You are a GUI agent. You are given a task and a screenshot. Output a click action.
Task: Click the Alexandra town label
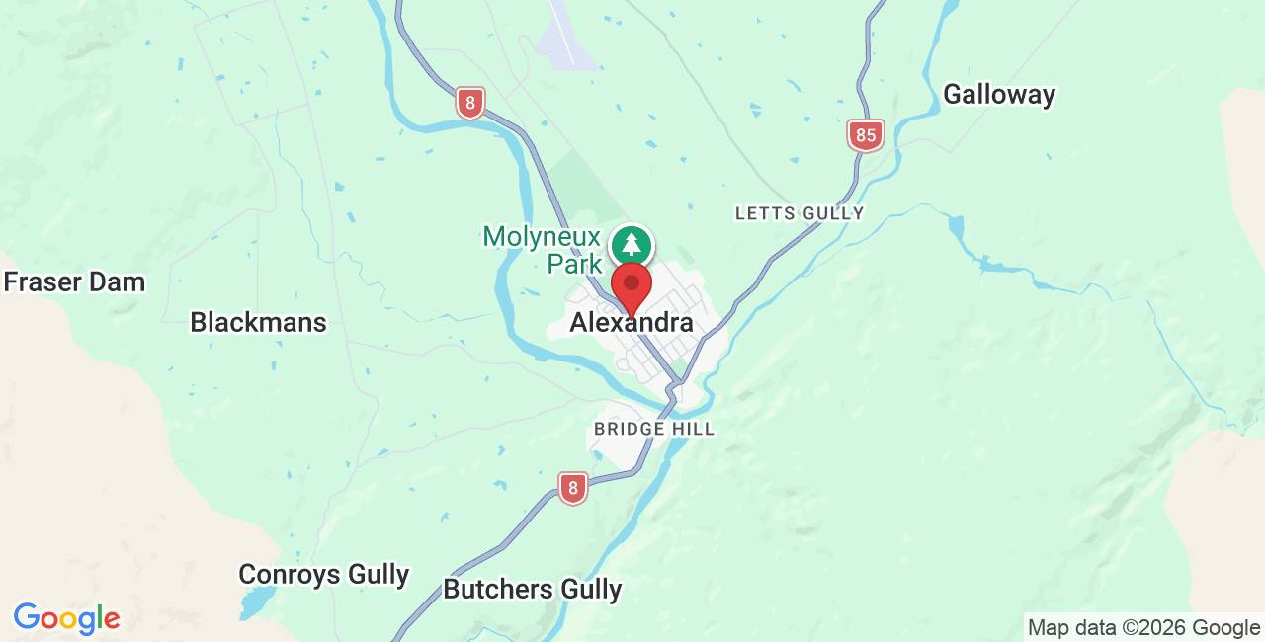click(x=632, y=324)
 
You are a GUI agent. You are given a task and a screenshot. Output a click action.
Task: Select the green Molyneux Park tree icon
click(x=632, y=245)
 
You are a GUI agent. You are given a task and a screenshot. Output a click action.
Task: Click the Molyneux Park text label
click(x=542, y=250)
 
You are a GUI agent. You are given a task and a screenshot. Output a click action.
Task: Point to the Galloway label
click(x=998, y=95)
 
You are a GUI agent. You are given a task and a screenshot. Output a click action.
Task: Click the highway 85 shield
click(x=866, y=135)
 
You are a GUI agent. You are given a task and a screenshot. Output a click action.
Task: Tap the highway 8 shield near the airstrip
click(x=470, y=102)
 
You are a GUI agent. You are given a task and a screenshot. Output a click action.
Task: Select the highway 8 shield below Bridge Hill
click(x=572, y=488)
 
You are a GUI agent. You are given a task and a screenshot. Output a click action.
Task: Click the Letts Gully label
click(x=800, y=213)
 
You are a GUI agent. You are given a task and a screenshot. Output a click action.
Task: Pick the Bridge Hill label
click(x=653, y=430)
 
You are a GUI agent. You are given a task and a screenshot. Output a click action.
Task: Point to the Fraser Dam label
click(x=74, y=282)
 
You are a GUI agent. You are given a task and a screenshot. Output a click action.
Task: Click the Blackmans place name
click(x=258, y=322)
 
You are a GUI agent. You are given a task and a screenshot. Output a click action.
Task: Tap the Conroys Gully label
click(x=324, y=575)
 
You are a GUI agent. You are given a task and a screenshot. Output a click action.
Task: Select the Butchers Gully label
click(x=532, y=590)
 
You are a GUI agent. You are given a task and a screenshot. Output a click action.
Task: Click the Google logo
click(x=66, y=619)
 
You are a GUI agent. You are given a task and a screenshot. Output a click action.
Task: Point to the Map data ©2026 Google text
click(x=1143, y=627)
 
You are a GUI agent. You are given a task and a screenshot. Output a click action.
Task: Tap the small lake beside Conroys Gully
click(x=258, y=600)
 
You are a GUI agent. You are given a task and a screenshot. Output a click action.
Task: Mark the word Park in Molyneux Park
click(x=575, y=264)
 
